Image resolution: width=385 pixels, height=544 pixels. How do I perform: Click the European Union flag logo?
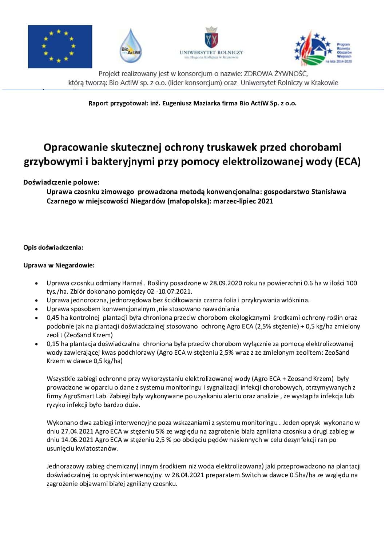(x=60, y=47)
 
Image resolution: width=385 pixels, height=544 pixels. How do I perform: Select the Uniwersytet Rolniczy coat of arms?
(x=211, y=37)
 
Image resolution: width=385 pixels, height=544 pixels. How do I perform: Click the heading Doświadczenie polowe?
(x=61, y=182)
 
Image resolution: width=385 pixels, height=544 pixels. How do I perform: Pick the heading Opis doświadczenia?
(x=53, y=247)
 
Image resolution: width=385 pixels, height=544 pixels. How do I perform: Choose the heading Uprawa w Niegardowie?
(x=59, y=265)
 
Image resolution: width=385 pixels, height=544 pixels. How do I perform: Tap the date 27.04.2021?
(x=78, y=432)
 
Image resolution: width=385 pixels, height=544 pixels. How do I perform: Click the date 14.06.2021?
(x=78, y=440)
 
